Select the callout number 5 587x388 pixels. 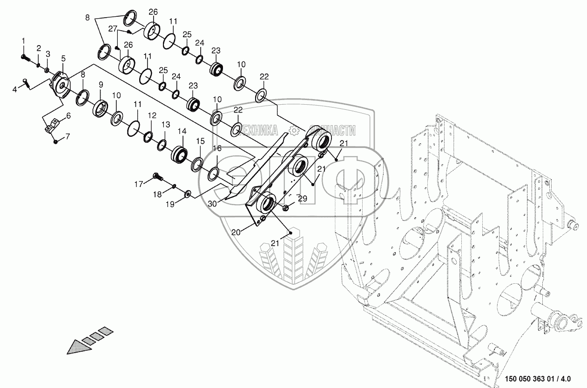pos(63,58)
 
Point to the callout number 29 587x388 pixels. pos(303,199)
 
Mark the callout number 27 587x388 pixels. pos(113,28)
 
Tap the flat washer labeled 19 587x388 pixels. pos(187,193)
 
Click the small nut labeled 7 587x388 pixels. pos(55,141)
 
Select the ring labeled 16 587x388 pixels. pos(214,174)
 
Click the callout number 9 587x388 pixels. pos(100,85)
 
